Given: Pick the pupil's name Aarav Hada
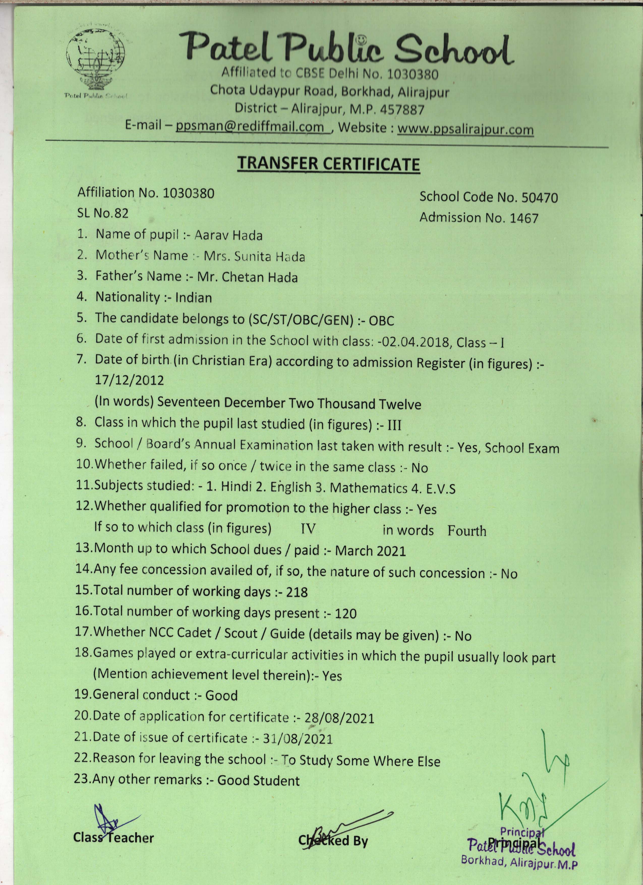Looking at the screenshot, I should [x=228, y=235].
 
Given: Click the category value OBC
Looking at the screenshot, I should [x=381, y=321].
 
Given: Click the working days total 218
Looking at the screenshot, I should [x=297, y=592].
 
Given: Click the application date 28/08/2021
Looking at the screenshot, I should [x=339, y=717].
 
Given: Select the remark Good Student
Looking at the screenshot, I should [x=258, y=780].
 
